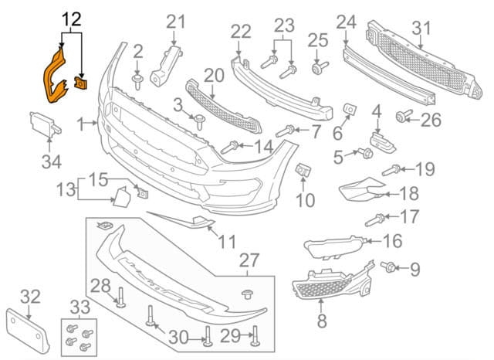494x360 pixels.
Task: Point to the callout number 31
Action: (421, 29)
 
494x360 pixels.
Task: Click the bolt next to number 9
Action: (390, 267)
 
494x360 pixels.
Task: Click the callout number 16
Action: (392, 242)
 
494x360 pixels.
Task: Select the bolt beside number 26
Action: (402, 117)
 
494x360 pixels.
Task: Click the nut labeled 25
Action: (316, 69)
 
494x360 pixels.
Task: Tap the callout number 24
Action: (346, 23)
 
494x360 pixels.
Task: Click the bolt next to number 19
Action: (391, 168)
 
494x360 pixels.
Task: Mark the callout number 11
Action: (226, 242)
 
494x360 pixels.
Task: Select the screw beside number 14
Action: (231, 146)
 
